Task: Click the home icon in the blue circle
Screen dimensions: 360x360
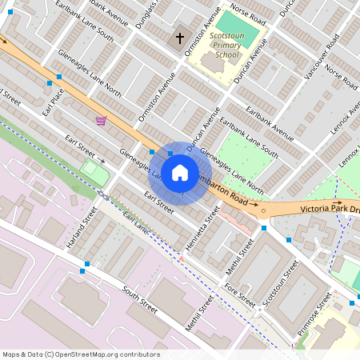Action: [x=180, y=173]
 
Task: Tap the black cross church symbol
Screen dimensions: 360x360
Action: [x=180, y=38]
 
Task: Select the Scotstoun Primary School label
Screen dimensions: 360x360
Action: [x=226, y=46]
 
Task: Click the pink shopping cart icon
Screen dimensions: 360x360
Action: [x=101, y=121]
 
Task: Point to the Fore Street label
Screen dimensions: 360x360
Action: [x=240, y=295]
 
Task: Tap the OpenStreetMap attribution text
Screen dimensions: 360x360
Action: [x=80, y=354]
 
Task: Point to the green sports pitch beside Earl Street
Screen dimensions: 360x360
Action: [x=94, y=170]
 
